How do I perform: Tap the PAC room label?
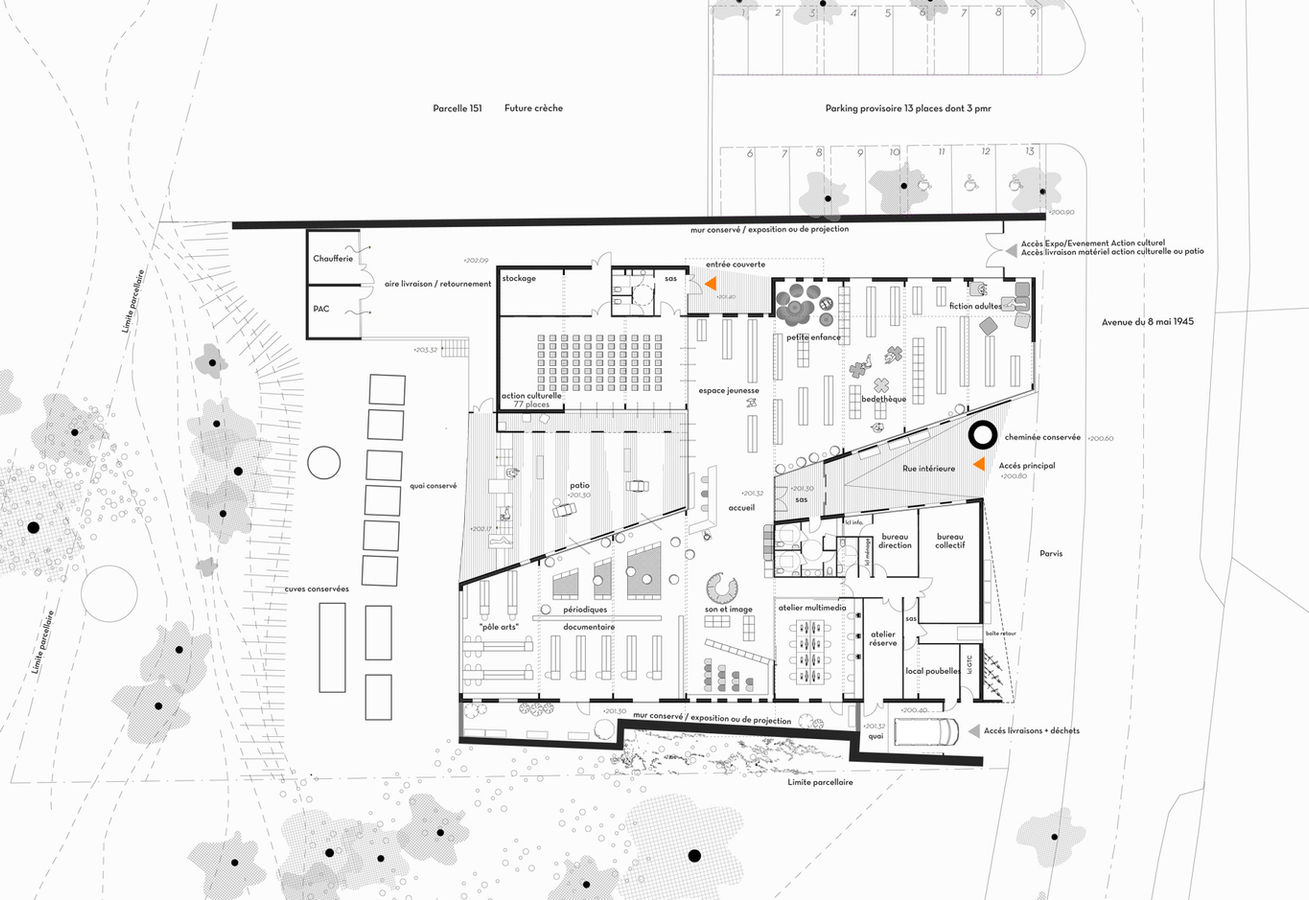[x=321, y=309]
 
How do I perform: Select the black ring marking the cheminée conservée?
[x=982, y=434]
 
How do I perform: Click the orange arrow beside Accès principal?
[x=982, y=465]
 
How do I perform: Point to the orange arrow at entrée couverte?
[x=710, y=285]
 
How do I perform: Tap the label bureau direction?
[x=895, y=541]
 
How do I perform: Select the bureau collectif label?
[x=949, y=541]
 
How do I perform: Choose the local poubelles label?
[x=933, y=671]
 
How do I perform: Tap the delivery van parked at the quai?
[x=925, y=731]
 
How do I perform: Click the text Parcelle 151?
[x=458, y=108]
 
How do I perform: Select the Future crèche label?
[x=533, y=108]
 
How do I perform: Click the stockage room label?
[x=520, y=277]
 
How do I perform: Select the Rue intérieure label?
[x=929, y=468]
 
